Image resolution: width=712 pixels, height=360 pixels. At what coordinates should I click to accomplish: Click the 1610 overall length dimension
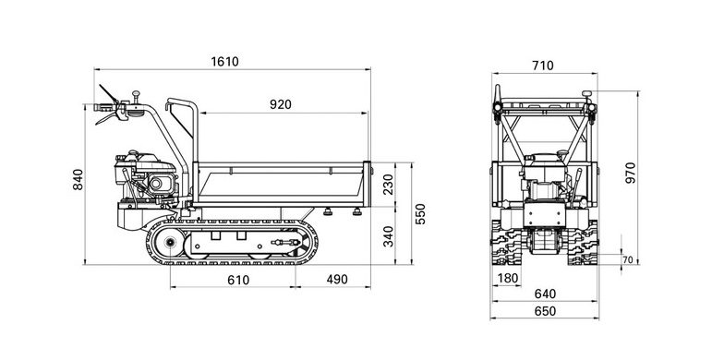pyautogui.click(x=224, y=61)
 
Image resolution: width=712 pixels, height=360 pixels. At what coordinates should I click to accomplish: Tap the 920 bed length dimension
pyautogui.click(x=281, y=104)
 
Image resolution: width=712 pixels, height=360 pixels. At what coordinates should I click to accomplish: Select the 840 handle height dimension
pyautogui.click(x=78, y=179)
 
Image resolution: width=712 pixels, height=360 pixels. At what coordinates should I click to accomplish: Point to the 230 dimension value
pyautogui.click(x=388, y=185)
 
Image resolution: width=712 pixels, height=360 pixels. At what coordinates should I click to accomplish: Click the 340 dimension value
pyautogui.click(x=388, y=236)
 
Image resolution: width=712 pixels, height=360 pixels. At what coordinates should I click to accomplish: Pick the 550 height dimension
pyautogui.click(x=421, y=214)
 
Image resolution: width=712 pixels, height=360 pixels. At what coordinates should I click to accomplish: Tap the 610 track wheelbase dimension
pyautogui.click(x=238, y=280)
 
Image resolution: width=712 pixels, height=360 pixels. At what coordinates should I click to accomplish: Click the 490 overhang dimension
pyautogui.click(x=337, y=280)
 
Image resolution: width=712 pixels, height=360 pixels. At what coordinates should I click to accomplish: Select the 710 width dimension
pyautogui.click(x=543, y=66)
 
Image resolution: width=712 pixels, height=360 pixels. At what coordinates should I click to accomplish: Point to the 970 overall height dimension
pyautogui.click(x=631, y=173)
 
